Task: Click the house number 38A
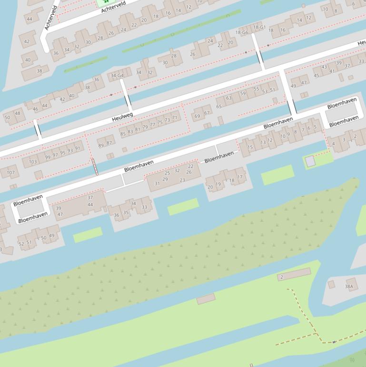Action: click(349, 286)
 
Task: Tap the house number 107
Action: click(10, 173)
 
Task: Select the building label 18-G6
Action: click(242, 32)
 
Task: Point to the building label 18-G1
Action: click(259, 27)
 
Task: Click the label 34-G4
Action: click(117, 75)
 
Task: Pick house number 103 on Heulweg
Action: click(32, 162)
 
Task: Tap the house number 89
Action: click(101, 145)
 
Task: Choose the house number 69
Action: click(198, 116)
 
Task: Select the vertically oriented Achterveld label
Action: click(50, 18)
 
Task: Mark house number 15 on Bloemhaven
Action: click(250, 147)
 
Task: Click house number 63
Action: click(228, 98)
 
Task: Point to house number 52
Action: click(21, 244)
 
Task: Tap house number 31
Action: click(157, 183)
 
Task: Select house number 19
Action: click(218, 184)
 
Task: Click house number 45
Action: click(317, 75)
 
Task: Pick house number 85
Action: click(123, 134)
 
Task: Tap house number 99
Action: click(48, 157)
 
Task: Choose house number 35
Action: click(126, 213)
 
